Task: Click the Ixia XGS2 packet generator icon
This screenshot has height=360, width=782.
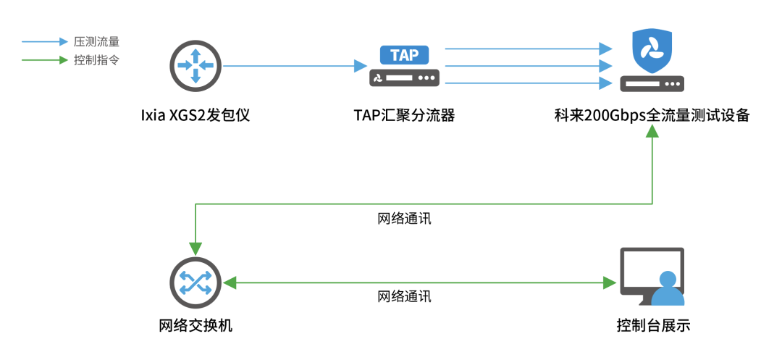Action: (195, 65)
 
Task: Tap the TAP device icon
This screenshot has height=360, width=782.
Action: (405, 66)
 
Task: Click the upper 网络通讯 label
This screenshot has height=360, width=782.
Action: (404, 218)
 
